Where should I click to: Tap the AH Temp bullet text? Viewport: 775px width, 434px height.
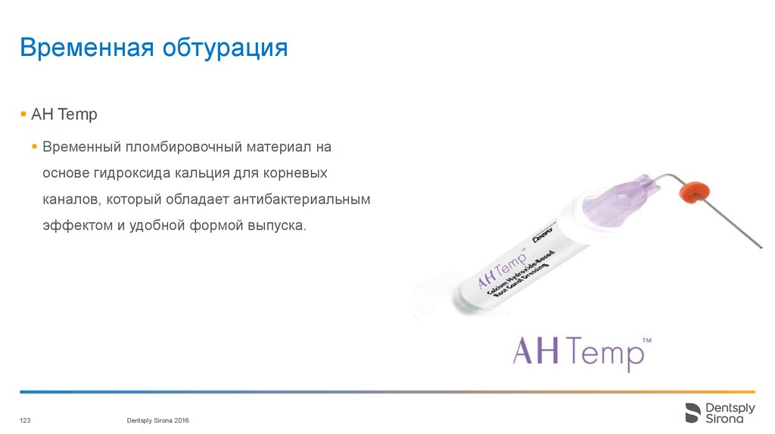tap(64, 115)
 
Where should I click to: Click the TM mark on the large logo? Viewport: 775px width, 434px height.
tap(646, 341)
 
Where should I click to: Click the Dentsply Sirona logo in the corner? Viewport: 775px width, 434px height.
tap(720, 413)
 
